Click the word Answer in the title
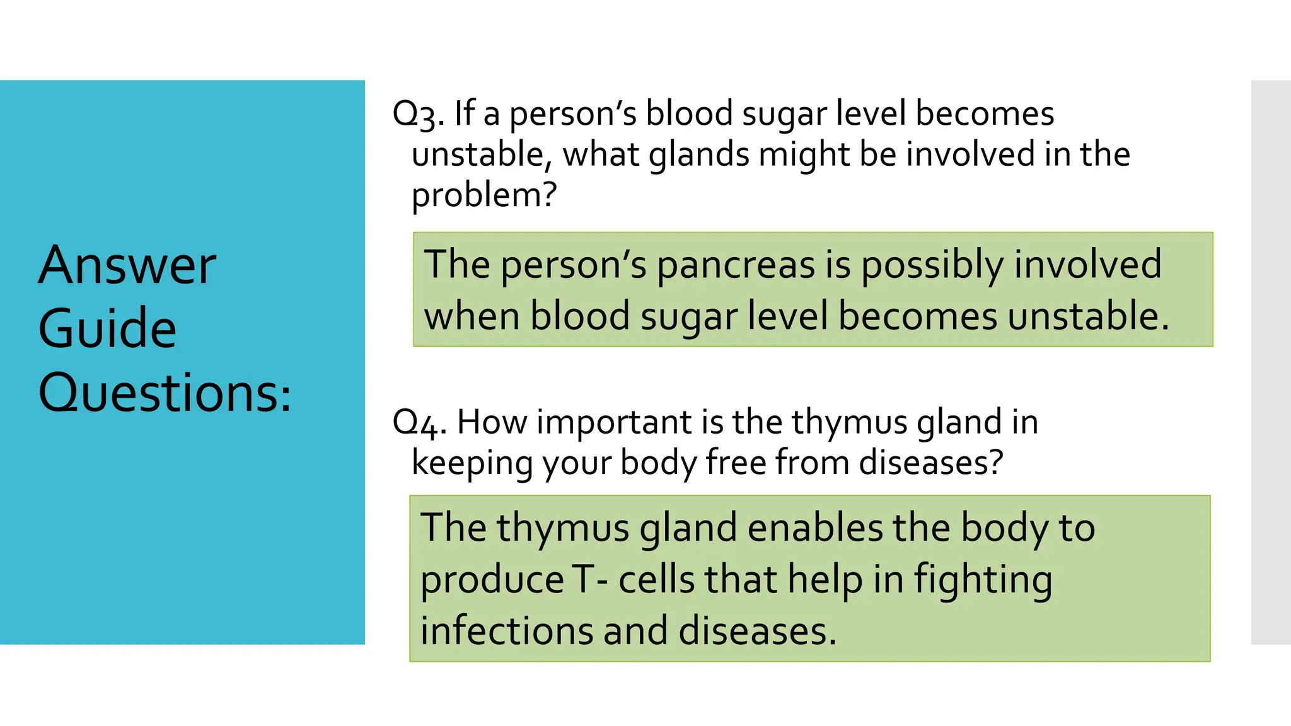[x=127, y=266]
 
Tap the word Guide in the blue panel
[x=107, y=328]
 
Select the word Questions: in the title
[x=165, y=393]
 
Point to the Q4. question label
[x=419, y=423]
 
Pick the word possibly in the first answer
[x=932, y=265]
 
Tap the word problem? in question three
[x=484, y=195]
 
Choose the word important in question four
[x=614, y=422]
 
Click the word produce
[x=492, y=580]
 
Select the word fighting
[x=983, y=580]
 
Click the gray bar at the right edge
[x=1270, y=362]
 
